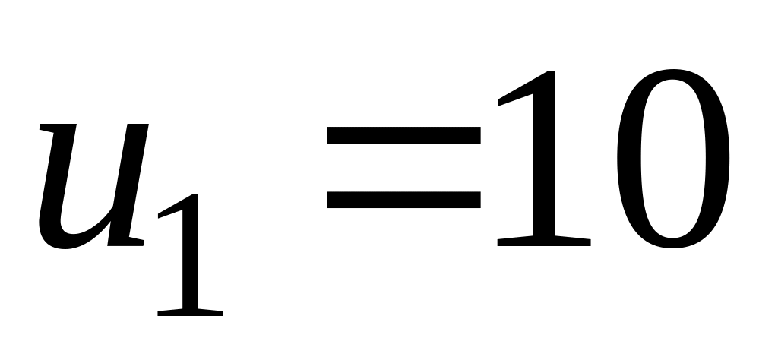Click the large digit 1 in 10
pyautogui.click(x=543, y=159)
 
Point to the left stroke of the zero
pyautogui.click(x=625, y=159)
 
